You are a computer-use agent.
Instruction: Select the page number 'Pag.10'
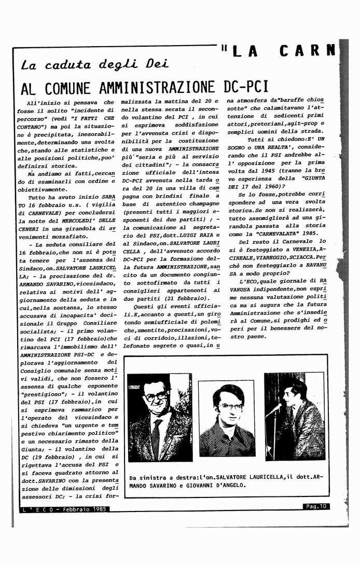click(x=316, y=506)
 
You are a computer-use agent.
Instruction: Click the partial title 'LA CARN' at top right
click(x=283, y=51)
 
